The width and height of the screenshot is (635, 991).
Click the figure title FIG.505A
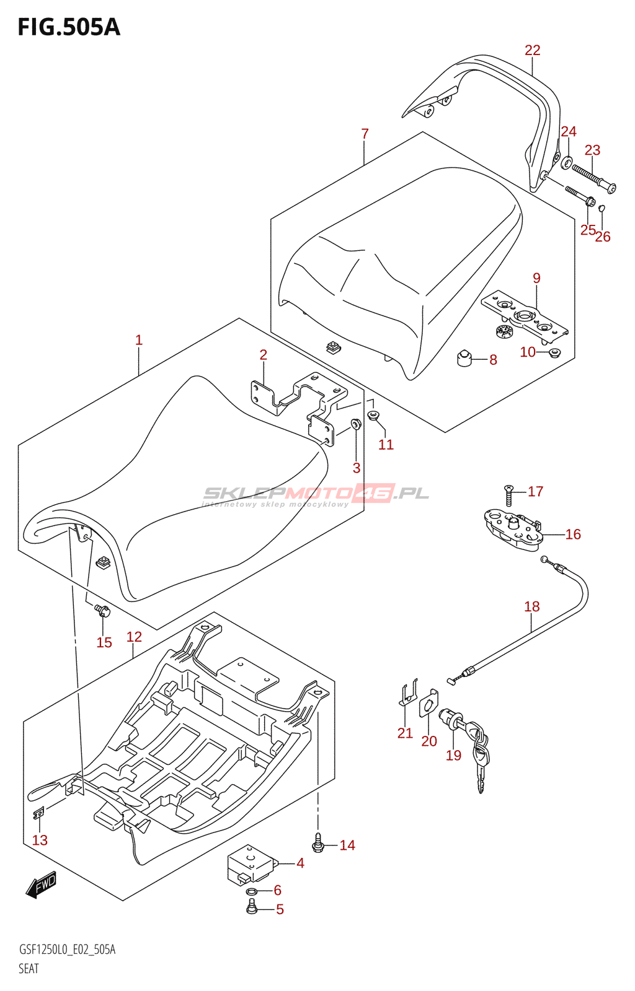(69, 27)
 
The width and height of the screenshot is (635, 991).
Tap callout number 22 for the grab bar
(532, 50)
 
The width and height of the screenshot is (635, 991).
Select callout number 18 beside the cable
(532, 606)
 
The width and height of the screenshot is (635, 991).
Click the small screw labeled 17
(508, 495)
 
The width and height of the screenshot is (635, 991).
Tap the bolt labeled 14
(318, 843)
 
